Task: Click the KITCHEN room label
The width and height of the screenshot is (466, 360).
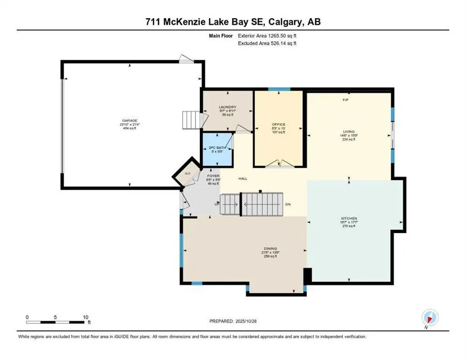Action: [x=349, y=218]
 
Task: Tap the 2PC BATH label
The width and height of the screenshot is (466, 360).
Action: [x=217, y=148]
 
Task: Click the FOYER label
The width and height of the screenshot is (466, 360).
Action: [x=213, y=176]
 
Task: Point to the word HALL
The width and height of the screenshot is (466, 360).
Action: [x=242, y=179]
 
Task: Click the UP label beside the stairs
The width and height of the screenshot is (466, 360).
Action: [x=217, y=205]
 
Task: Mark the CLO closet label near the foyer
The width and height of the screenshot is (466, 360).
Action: [x=188, y=173]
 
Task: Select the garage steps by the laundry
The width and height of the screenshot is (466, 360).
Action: [x=190, y=120]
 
